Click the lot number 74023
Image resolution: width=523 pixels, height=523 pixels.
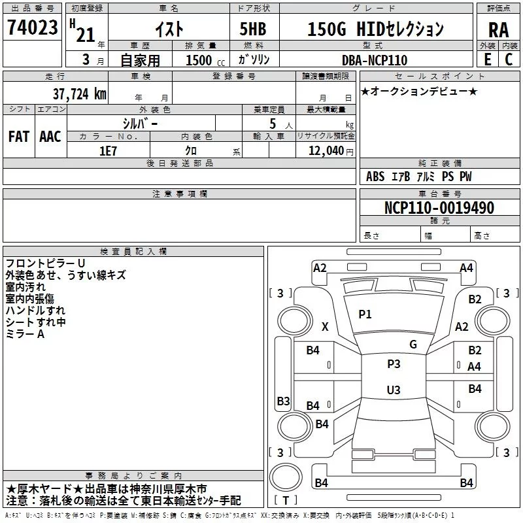[33, 28]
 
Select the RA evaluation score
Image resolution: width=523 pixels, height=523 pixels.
[498, 29]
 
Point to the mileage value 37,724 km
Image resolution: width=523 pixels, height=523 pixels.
[79, 93]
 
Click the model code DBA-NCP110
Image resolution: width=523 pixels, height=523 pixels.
[375, 60]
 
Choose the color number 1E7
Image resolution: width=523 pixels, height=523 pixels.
[108, 150]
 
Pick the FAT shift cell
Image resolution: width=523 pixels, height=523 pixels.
[18, 137]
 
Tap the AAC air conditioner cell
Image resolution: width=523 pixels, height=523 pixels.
[50, 137]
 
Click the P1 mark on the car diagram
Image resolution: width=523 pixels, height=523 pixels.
[365, 314]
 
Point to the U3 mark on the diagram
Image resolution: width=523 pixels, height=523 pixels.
[393, 390]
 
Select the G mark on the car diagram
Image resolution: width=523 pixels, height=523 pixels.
[413, 344]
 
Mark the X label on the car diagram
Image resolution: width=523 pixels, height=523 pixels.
[325, 327]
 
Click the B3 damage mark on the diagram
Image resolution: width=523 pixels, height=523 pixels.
[283, 401]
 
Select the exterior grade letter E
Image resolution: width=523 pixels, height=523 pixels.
[487, 59]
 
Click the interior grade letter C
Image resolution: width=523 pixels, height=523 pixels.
[508, 59]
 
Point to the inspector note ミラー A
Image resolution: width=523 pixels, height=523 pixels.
[25, 334]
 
